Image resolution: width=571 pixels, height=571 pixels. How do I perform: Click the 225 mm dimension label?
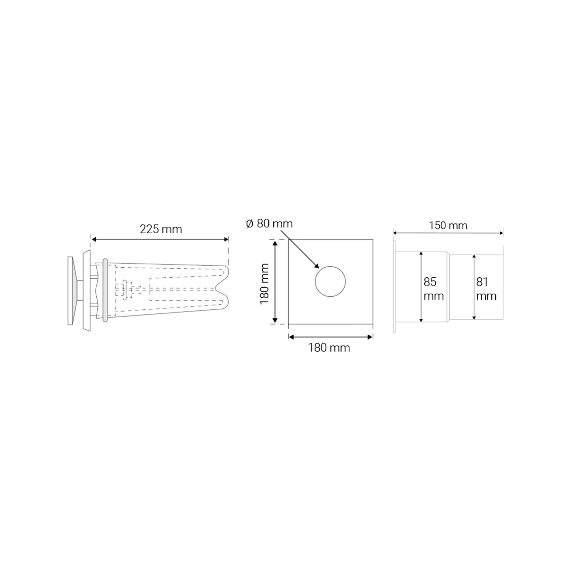[161, 229]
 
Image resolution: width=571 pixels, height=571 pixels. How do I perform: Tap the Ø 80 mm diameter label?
[269, 224]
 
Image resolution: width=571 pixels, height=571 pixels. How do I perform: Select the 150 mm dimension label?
[448, 226]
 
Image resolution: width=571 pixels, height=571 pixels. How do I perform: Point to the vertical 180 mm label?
[264, 284]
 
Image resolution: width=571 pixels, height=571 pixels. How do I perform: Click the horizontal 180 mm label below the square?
[329, 348]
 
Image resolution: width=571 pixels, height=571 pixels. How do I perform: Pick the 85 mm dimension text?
[434, 289]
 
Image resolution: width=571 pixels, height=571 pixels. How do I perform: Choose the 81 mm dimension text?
[486, 289]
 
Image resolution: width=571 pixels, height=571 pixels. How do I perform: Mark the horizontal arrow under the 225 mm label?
[160, 239]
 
